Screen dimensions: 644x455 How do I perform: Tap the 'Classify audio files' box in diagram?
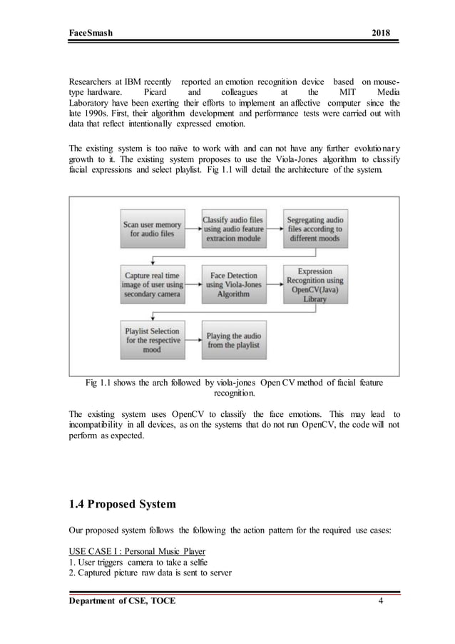point(232,229)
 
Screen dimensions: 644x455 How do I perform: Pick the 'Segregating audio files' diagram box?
point(313,229)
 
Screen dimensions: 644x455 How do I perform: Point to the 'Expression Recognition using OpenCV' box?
point(315,285)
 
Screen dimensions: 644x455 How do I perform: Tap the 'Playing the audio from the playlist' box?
point(232,340)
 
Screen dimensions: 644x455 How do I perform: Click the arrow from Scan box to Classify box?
point(192,229)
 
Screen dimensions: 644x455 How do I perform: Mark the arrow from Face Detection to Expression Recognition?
point(273,283)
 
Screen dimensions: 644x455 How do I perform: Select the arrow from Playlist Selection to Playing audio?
point(192,340)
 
